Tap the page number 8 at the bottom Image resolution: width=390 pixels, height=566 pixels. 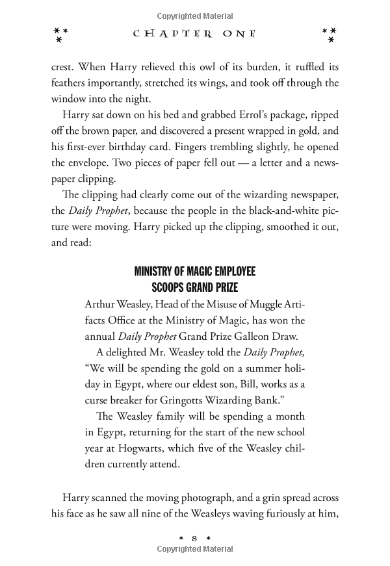tap(195, 537)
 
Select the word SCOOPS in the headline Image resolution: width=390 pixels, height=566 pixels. tap(171, 287)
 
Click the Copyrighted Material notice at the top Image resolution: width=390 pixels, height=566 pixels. tap(195, 12)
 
